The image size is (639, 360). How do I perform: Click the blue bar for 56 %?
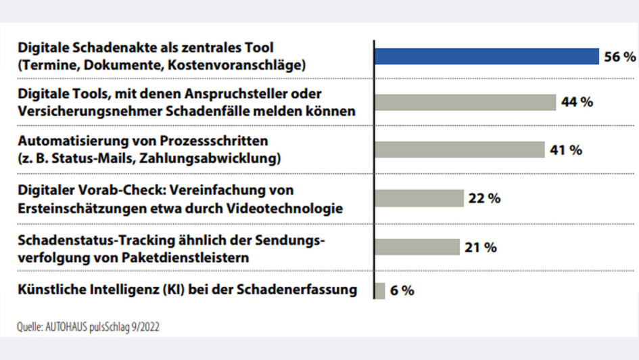click(486, 57)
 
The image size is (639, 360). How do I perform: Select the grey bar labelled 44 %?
click(465, 102)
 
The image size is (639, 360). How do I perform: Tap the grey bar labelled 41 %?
click(459, 150)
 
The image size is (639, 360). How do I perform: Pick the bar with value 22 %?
click(419, 198)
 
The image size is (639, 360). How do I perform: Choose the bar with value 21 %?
click(417, 247)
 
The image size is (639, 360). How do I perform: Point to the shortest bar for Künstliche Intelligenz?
click(379, 290)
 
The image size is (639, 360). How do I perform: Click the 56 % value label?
click(620, 58)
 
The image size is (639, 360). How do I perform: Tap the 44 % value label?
click(577, 102)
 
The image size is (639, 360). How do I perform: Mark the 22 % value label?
click(484, 198)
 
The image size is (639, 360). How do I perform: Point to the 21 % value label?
click(481, 247)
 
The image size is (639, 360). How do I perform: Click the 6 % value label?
click(402, 291)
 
